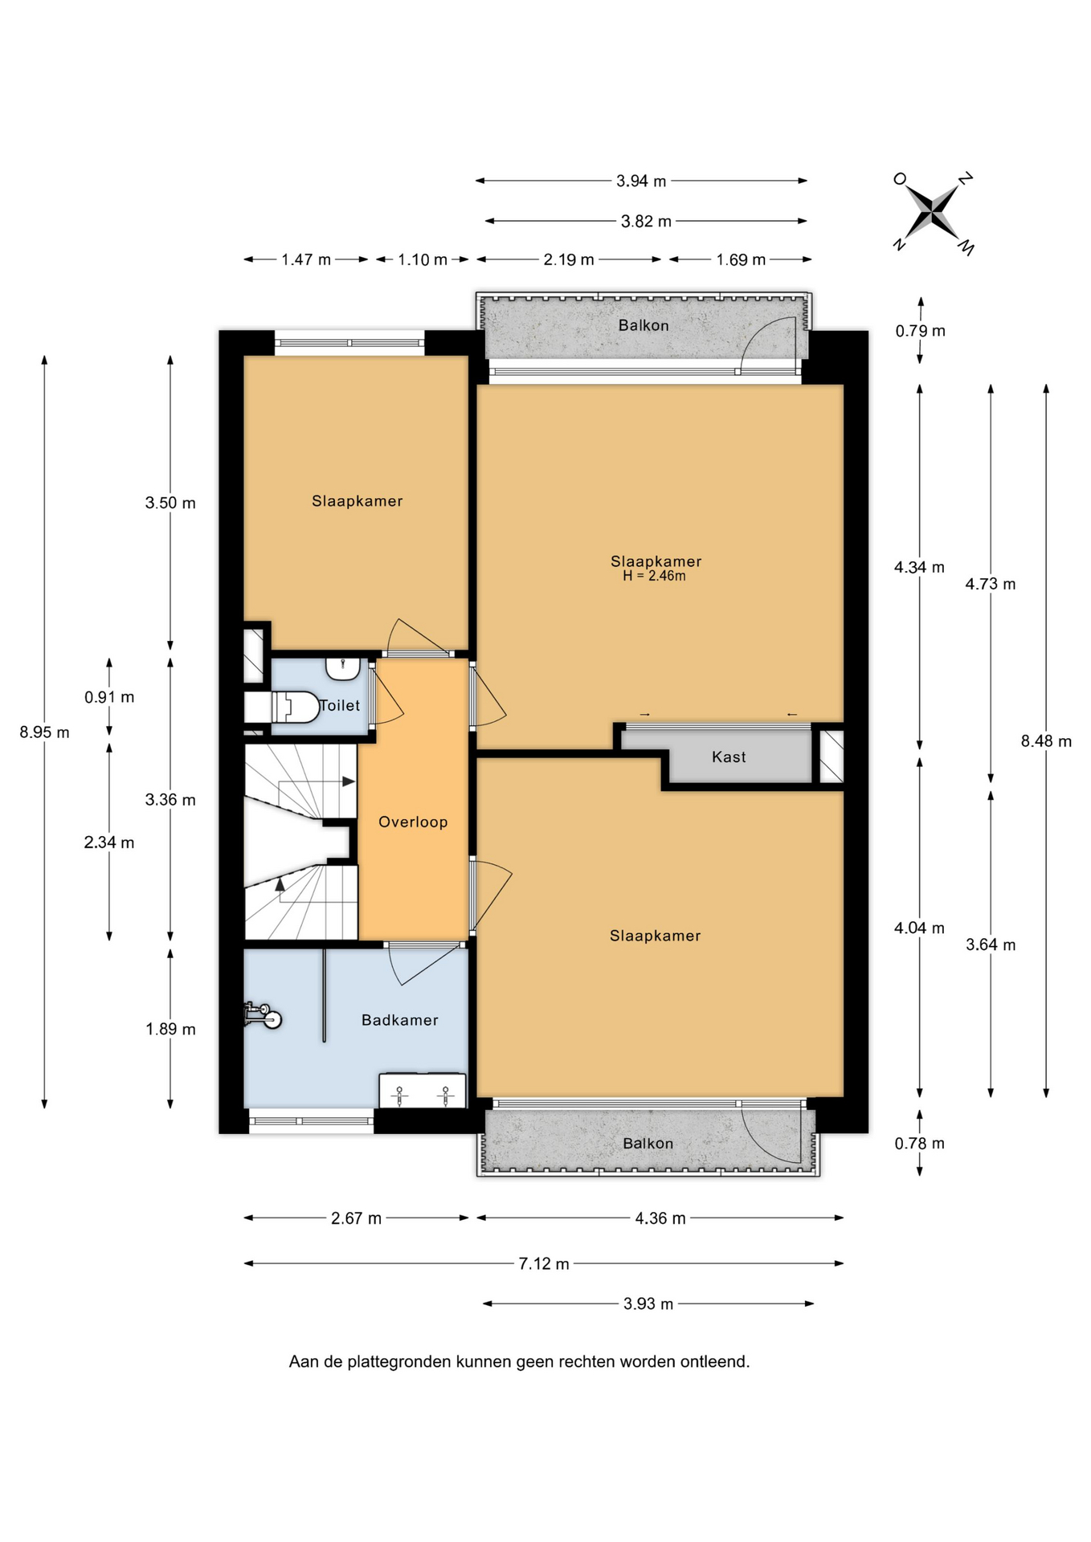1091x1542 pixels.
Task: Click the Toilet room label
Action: click(x=341, y=705)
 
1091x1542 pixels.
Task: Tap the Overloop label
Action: click(x=413, y=822)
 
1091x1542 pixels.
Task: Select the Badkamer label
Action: click(x=400, y=1020)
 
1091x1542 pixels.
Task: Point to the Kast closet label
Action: click(x=729, y=757)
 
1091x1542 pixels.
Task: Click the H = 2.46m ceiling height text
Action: click(x=655, y=576)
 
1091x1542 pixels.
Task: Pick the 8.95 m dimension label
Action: click(x=45, y=732)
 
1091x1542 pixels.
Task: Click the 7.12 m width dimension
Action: click(x=544, y=1263)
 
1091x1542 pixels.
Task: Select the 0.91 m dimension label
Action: click(x=109, y=697)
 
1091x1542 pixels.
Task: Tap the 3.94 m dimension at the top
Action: click(x=641, y=181)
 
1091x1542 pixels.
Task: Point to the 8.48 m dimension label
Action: click(x=1046, y=741)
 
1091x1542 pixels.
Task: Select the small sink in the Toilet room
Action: click(x=344, y=667)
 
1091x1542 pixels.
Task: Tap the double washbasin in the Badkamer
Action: click(x=423, y=1091)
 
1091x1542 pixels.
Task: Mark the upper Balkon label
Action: click(x=644, y=325)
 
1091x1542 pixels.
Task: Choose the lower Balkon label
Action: click(x=648, y=1143)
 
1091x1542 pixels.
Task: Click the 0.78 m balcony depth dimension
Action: click(x=920, y=1143)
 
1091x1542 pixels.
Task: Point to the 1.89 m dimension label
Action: click(x=170, y=1029)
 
